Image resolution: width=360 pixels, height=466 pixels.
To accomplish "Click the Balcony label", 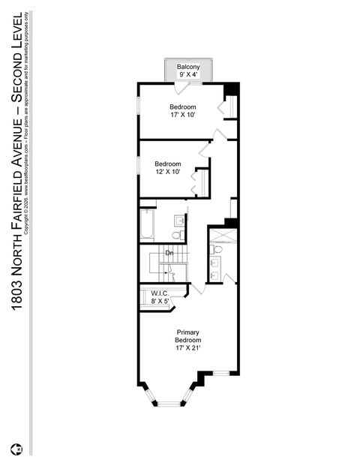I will point(188,68).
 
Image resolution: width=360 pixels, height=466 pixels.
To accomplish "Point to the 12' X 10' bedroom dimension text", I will point(168,173).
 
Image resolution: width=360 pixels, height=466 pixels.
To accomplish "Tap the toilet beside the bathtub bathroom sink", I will point(176,235).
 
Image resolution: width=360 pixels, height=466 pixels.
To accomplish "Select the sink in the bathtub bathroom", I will point(180,221).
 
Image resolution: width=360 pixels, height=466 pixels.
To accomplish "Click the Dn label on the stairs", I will point(169,254).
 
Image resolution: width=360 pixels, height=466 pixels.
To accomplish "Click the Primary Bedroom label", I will point(188,336).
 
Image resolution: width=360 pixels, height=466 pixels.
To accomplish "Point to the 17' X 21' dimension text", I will point(188,347).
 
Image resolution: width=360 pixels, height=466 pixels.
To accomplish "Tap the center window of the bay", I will point(169,404).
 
